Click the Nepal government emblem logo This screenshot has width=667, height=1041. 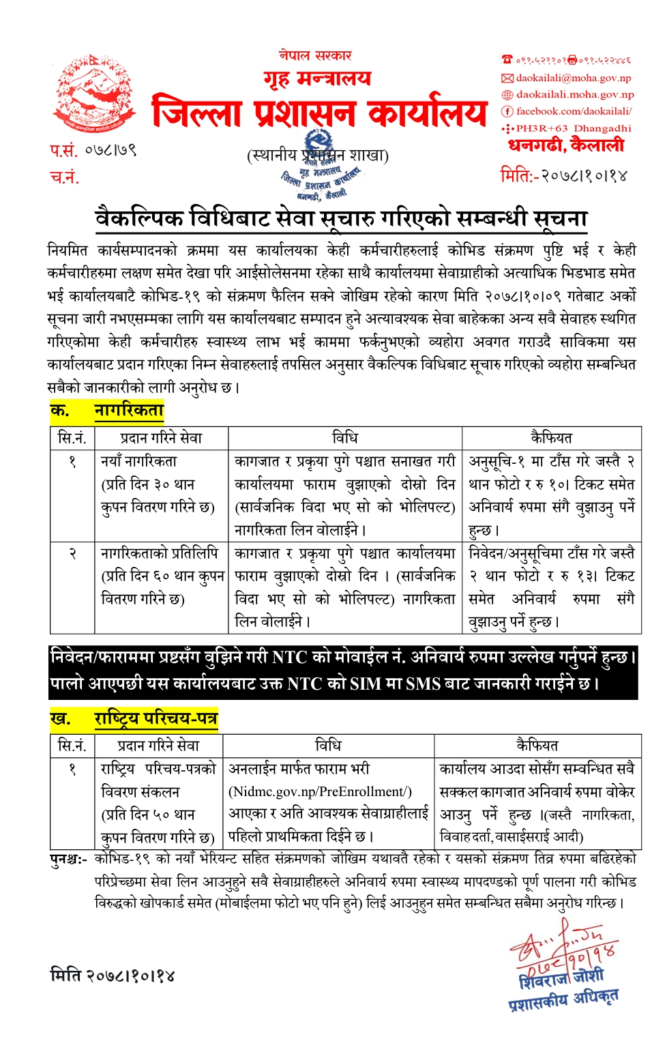click(x=93, y=94)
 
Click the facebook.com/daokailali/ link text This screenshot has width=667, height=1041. click(x=574, y=111)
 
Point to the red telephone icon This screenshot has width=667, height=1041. click(x=507, y=60)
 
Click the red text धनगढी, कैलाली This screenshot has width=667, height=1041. click(x=565, y=145)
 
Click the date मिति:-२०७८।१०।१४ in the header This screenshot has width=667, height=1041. click(x=563, y=175)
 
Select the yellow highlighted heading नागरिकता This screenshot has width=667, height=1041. click(x=129, y=411)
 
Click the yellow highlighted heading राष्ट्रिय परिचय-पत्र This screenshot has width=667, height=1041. click(x=155, y=718)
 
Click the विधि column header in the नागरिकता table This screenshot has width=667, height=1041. click(x=345, y=438)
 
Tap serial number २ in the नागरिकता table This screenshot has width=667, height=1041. click(x=72, y=553)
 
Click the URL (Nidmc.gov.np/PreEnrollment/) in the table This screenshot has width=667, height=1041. click(x=321, y=791)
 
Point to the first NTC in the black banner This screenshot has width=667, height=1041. click(x=289, y=658)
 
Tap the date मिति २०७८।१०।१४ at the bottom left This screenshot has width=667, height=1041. click(x=113, y=976)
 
